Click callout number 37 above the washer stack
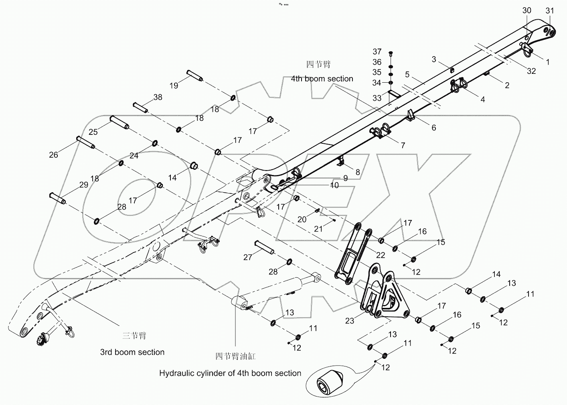(377, 52)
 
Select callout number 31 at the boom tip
(549, 11)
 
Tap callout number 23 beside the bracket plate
(350, 321)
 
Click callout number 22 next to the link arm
(381, 255)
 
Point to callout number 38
(158, 98)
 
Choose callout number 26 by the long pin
(53, 155)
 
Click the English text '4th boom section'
(322, 79)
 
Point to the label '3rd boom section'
(132, 352)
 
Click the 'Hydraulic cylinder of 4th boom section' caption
(230, 373)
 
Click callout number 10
(334, 185)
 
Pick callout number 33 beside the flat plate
(377, 98)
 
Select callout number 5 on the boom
(407, 74)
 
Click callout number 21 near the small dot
(318, 229)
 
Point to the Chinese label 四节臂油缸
(235, 356)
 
